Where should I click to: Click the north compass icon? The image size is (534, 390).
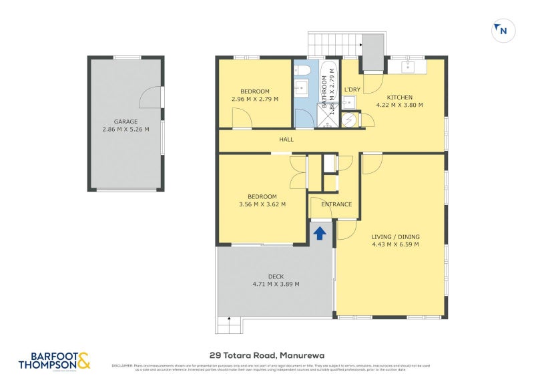(501, 30)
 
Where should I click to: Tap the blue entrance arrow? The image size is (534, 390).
(320, 232)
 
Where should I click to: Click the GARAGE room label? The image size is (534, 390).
(125, 122)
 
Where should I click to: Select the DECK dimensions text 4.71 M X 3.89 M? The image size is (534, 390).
(276, 284)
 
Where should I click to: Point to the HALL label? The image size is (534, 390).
(286, 140)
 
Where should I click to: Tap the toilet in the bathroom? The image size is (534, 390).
(302, 70)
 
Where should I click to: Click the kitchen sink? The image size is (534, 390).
(408, 66)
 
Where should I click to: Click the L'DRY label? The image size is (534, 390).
(352, 89)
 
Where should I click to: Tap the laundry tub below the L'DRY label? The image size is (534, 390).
(348, 102)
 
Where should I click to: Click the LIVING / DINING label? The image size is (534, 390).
(396, 236)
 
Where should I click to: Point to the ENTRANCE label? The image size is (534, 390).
(336, 204)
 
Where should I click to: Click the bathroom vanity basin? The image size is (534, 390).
(302, 88)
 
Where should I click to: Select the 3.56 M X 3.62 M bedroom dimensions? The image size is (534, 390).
(262, 204)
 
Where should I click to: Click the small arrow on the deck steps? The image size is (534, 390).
(228, 319)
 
